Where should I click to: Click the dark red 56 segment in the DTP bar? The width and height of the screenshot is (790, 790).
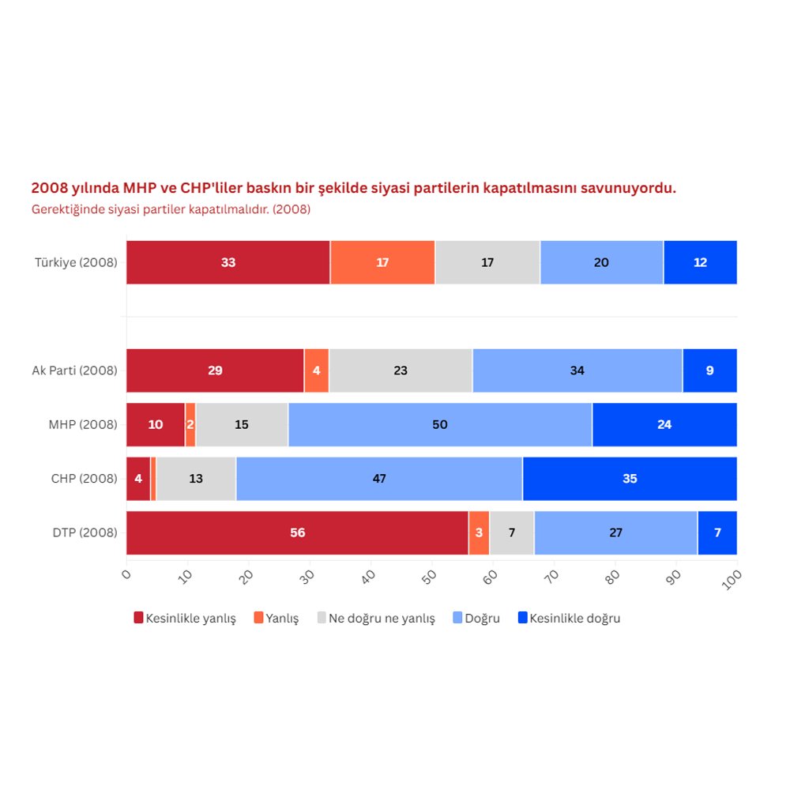pyautogui.click(x=297, y=532)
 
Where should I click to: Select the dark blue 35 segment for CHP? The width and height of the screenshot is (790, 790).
pyautogui.click(x=630, y=479)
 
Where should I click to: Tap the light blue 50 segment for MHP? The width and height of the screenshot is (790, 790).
pyautogui.click(x=440, y=425)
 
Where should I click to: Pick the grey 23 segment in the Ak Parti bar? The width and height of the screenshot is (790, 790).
pyautogui.click(x=401, y=371)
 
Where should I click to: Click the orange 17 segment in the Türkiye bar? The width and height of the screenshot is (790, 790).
pyautogui.click(x=382, y=262)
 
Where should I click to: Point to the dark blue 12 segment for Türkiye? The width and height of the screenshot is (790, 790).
pyautogui.click(x=700, y=262)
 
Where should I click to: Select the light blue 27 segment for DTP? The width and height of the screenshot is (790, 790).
pyautogui.click(x=615, y=532)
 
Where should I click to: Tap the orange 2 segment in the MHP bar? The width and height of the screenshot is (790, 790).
pyautogui.click(x=190, y=425)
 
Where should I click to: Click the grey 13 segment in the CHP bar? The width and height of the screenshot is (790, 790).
pyautogui.click(x=196, y=479)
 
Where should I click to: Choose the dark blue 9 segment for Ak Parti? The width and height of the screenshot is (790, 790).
pyautogui.click(x=709, y=371)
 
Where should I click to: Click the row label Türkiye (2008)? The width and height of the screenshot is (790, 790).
pyautogui.click(x=76, y=262)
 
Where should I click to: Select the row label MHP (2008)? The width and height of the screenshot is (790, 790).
pyautogui.click(x=82, y=425)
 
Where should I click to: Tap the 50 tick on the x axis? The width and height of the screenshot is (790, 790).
pyautogui.click(x=430, y=577)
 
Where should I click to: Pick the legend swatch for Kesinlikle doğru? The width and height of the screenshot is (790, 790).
pyautogui.click(x=522, y=619)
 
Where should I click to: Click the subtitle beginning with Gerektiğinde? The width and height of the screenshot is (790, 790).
pyautogui.click(x=171, y=210)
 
